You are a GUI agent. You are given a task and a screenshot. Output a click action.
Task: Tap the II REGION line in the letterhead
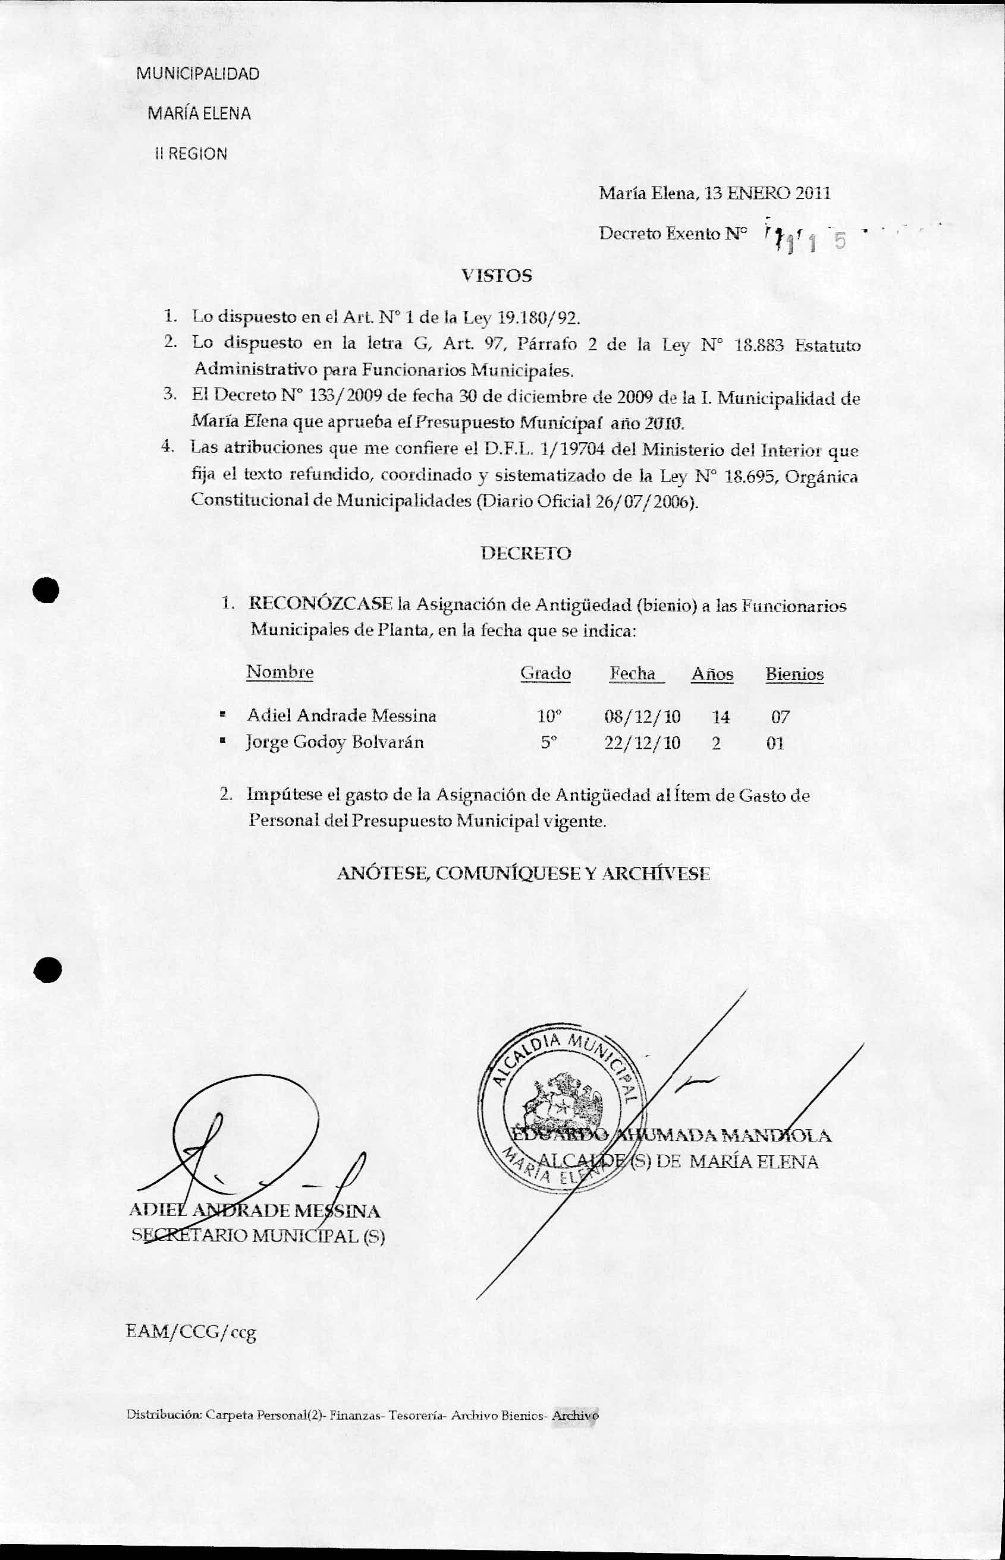coord(191,155)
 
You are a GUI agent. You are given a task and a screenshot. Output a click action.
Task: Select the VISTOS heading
coord(497,276)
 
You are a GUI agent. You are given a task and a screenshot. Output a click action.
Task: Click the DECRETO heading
coord(525,554)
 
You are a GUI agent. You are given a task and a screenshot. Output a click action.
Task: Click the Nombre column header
coord(279,672)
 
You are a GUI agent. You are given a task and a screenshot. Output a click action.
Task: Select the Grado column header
coord(545,674)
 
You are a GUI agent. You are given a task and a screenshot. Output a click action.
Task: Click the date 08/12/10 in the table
coord(642,717)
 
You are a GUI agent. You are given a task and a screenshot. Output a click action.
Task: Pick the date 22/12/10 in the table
coord(642,743)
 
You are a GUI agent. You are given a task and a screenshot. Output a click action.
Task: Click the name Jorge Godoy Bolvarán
coord(335,742)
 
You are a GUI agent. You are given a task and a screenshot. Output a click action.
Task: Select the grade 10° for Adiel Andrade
coord(549,717)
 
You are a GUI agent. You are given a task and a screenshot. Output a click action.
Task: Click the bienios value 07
coord(780,718)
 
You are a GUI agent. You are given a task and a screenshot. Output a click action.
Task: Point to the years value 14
coord(721,717)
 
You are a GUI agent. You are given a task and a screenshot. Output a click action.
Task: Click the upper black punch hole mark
coord(47,590)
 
